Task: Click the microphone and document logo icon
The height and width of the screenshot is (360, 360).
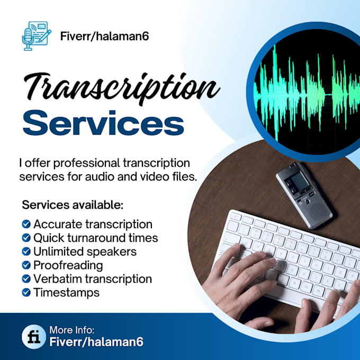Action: point(36,35)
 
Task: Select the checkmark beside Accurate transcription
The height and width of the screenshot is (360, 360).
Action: point(26,224)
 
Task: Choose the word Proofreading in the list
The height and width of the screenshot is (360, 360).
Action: point(68,265)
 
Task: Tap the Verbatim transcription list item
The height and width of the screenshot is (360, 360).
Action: point(92,278)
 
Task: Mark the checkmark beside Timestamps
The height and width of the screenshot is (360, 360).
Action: point(26,292)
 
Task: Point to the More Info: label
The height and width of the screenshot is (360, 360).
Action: point(71,330)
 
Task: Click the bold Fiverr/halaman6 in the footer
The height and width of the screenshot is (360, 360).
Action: point(96,342)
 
